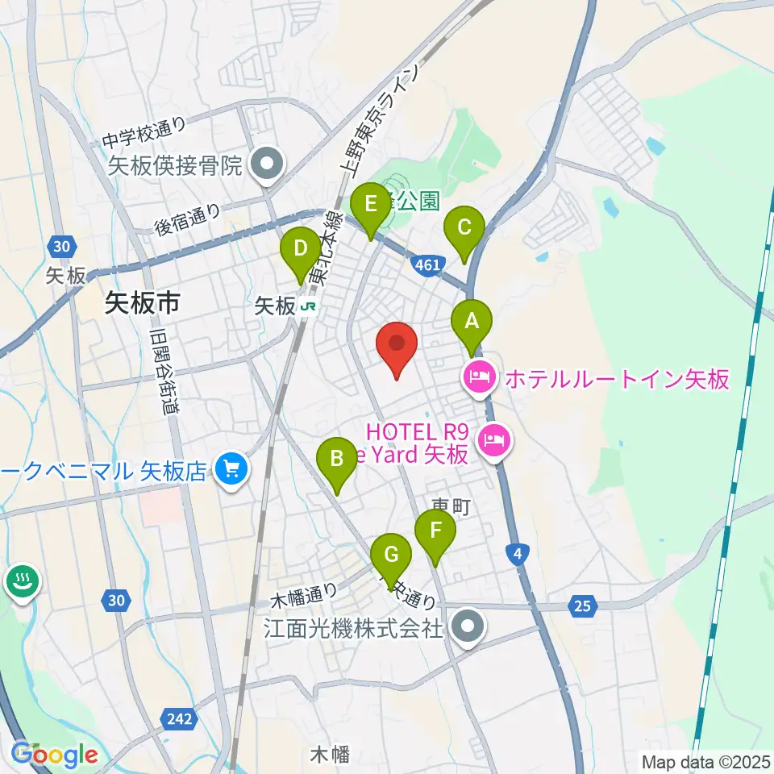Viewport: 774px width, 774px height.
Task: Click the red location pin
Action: (x=397, y=347)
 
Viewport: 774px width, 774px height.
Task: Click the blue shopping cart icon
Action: (x=232, y=469)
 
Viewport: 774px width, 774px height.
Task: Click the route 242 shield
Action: (x=180, y=718)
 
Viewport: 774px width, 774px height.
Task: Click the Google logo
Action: (x=55, y=755)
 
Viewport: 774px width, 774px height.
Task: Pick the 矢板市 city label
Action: (x=142, y=303)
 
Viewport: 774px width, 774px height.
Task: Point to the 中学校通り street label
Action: (x=145, y=134)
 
